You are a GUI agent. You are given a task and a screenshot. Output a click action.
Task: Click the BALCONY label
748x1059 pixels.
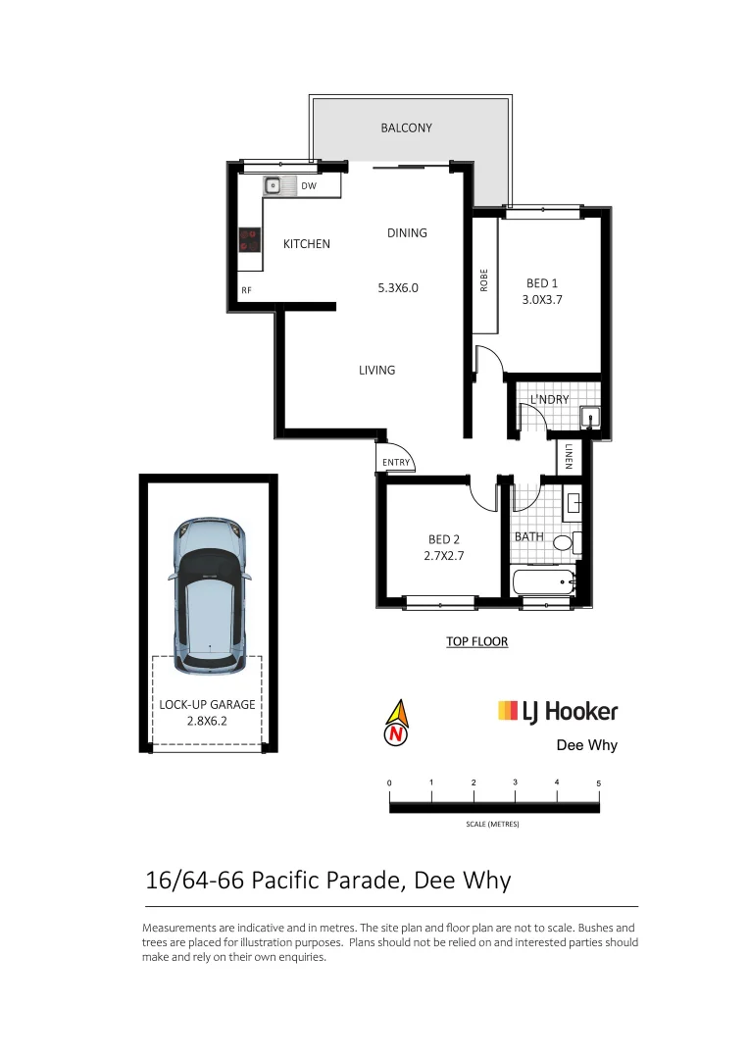[406, 128]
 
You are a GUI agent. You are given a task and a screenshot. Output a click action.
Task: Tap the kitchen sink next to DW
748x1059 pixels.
[273, 184]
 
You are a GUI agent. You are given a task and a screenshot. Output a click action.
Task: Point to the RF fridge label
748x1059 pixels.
[247, 290]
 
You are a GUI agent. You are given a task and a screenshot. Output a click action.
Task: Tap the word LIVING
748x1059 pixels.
[376, 370]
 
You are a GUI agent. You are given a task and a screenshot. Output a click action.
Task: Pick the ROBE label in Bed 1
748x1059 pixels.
[484, 280]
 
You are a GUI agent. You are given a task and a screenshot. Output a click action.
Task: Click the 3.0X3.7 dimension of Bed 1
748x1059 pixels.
[542, 300]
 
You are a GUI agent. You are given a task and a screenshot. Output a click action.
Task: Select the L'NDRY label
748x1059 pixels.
[549, 399]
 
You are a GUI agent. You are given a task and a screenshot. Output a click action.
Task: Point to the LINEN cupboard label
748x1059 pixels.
[569, 456]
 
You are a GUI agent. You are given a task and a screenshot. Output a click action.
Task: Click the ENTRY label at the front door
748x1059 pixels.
[396, 463]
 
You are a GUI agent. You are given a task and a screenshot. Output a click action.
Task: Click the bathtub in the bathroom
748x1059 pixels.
[545, 583]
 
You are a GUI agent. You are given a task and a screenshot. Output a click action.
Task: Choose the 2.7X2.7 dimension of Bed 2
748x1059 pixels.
[444, 556]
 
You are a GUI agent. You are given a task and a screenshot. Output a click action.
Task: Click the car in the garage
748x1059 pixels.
[209, 596]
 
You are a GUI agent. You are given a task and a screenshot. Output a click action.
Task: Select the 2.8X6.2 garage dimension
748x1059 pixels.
[207, 720]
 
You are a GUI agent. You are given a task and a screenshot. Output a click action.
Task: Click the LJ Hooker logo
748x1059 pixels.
[558, 711]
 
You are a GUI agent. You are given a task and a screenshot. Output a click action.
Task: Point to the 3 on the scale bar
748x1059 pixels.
[515, 783]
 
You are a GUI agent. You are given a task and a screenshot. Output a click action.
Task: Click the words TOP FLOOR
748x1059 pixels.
[476, 642]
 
